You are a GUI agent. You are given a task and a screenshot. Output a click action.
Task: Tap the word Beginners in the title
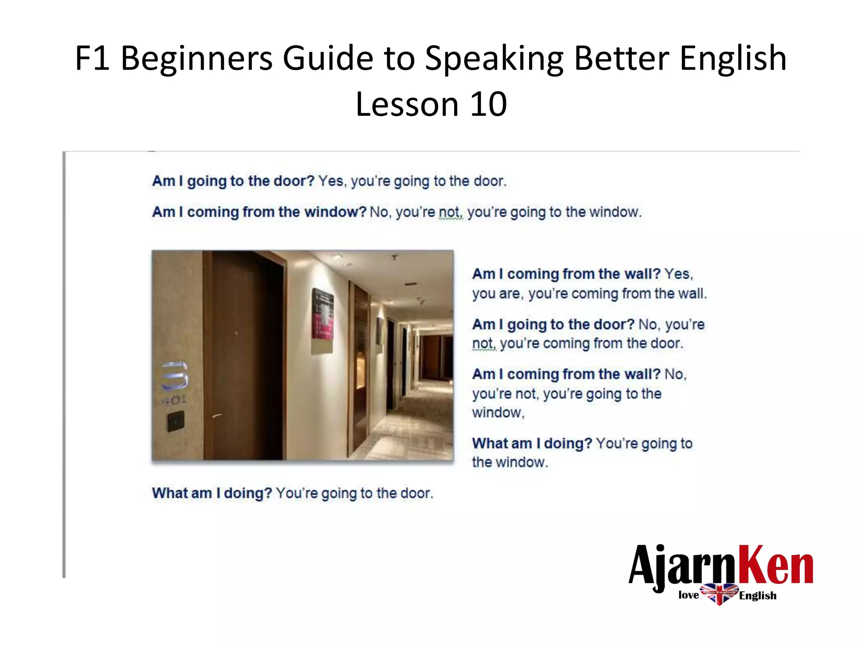(x=197, y=58)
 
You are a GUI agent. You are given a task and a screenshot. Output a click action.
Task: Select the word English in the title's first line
(x=733, y=58)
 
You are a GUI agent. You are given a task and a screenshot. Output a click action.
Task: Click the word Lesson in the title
(x=407, y=104)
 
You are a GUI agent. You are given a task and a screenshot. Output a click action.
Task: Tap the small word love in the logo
(x=689, y=595)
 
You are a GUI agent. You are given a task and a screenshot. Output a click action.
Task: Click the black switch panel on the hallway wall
(x=176, y=422)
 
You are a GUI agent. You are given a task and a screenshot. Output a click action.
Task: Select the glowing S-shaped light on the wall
(x=175, y=375)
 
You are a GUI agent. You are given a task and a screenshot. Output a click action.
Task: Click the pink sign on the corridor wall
(x=323, y=314)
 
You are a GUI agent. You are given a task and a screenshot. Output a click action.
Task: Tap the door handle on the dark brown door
(x=217, y=416)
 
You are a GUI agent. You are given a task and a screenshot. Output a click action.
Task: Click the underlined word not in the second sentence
(x=450, y=212)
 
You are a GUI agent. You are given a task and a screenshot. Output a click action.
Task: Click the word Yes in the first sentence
(x=331, y=181)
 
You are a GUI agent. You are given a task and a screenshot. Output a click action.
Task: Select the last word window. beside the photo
(x=510, y=462)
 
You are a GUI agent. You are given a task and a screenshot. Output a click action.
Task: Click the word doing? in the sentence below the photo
(x=247, y=493)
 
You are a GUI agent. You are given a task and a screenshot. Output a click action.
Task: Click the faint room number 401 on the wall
(x=173, y=400)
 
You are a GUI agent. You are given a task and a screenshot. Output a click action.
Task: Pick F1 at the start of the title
(x=93, y=58)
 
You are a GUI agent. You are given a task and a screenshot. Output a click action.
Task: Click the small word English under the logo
(x=758, y=595)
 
